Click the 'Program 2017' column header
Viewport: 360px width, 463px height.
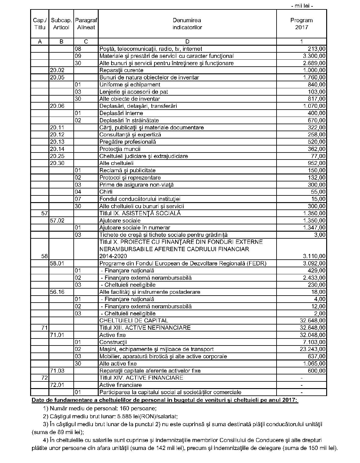pyautogui.click(x=301, y=24)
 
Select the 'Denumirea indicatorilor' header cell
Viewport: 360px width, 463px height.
pyautogui.click(x=187, y=24)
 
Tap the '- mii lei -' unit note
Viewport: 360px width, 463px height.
pyautogui.click(x=302, y=5)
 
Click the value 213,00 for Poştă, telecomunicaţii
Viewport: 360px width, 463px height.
pyautogui.click(x=316, y=49)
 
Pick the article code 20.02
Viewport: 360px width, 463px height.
pyautogui.click(x=57, y=70)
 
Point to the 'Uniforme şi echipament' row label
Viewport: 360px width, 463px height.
pyautogui.click(x=130, y=85)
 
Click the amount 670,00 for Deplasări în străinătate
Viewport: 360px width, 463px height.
pyautogui.click(x=316, y=120)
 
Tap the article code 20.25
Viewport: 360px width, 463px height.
pyautogui.click(x=57, y=156)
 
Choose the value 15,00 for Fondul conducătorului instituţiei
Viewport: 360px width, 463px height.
pyautogui.click(x=318, y=199)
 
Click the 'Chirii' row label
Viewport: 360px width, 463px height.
pyautogui.click(x=106, y=192)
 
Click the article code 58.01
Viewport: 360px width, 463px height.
pyautogui.click(x=57, y=263)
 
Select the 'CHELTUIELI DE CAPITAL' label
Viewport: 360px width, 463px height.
pyautogui.click(x=134, y=321)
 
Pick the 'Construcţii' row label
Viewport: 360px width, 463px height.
pyautogui.click(x=113, y=342)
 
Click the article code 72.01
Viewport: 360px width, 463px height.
pyautogui.click(x=57, y=385)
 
